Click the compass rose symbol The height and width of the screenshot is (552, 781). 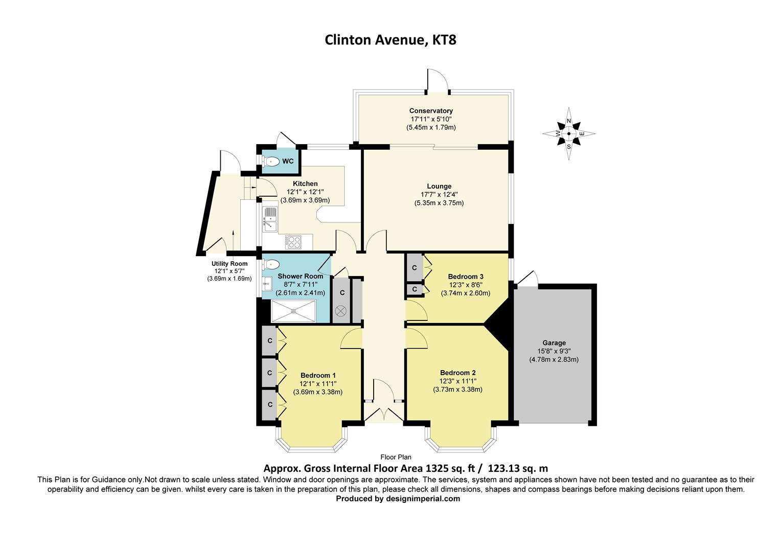(x=568, y=134)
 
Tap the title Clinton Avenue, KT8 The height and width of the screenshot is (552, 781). (x=390, y=40)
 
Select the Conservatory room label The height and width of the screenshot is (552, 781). (x=430, y=111)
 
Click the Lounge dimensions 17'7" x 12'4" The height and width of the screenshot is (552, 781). (x=439, y=194)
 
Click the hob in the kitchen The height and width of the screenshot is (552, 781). (x=293, y=241)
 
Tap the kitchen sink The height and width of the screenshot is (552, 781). (x=269, y=218)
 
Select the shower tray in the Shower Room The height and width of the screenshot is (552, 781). (x=293, y=311)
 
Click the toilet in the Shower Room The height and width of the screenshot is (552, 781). (x=271, y=264)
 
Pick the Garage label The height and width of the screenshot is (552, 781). (x=554, y=343)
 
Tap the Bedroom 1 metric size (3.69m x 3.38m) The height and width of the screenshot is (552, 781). (x=317, y=392)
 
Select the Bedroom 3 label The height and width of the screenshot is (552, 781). (x=466, y=277)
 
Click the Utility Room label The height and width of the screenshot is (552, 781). (x=229, y=264)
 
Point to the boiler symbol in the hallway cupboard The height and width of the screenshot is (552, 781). (x=341, y=310)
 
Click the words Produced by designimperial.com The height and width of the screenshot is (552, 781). (x=398, y=499)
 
